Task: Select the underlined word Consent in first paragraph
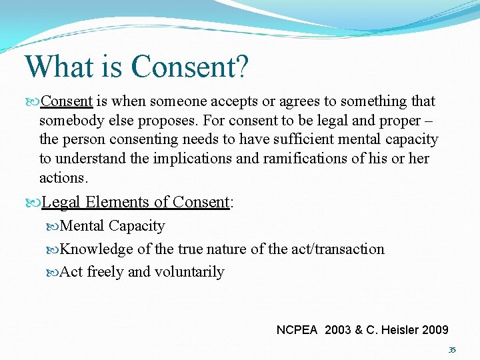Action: [67, 101]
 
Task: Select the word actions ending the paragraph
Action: [63, 178]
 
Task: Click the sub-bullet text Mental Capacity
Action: [112, 226]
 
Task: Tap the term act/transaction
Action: [337, 249]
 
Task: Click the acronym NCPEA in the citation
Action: [298, 329]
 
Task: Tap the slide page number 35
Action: [452, 350]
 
